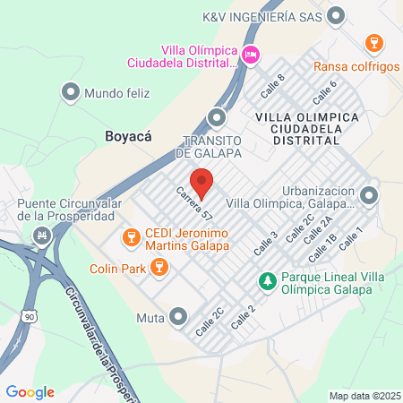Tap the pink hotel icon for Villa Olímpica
(252, 56)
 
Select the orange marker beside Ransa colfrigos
(374, 42)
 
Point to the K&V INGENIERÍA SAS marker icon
(337, 15)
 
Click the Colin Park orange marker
(159, 267)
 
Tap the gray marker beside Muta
(178, 315)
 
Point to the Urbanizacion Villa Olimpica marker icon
(370, 194)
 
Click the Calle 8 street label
(273, 86)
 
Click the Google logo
(30, 391)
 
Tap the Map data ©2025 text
(364, 395)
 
